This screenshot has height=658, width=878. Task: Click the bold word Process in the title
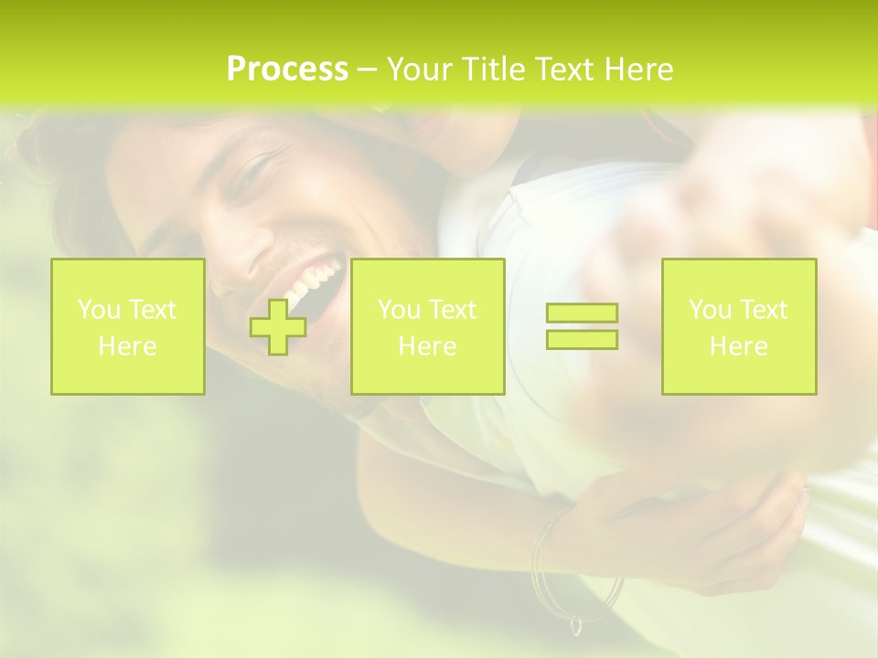coord(287,69)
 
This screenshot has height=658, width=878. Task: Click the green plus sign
coord(278,326)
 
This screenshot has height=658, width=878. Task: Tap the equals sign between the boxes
coord(582,326)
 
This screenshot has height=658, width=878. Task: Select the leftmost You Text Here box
coord(127,326)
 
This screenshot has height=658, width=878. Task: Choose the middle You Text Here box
coord(427,326)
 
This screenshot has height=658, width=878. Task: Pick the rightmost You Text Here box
coord(738,326)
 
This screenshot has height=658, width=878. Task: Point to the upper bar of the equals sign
coord(582,313)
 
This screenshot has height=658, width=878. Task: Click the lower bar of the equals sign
coord(582,339)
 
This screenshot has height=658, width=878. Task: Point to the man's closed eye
coord(252,174)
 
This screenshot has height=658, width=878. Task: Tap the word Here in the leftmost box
coord(127,346)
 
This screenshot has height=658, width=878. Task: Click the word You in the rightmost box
coord(710,310)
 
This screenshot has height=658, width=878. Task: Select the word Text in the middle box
coord(452,310)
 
